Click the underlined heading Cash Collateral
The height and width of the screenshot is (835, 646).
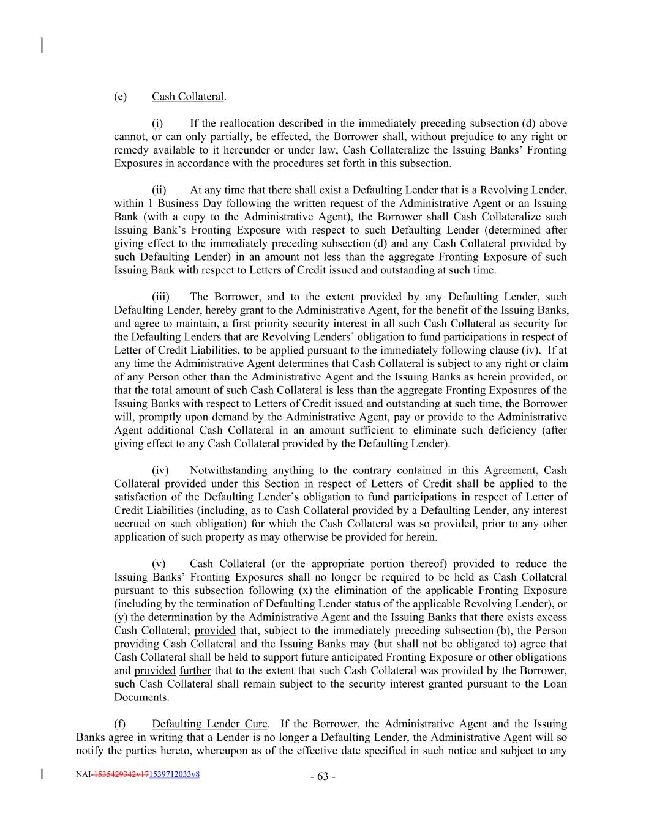tap(188, 97)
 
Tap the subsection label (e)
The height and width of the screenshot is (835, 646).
tap(120, 97)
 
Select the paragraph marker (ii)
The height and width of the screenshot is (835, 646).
tap(159, 190)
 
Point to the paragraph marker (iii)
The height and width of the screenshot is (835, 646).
tap(161, 297)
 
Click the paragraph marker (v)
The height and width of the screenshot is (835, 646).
tap(158, 564)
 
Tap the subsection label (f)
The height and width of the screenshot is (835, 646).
tap(120, 724)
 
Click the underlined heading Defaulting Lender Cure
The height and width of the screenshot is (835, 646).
tap(209, 724)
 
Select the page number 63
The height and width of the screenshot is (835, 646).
tap(323, 777)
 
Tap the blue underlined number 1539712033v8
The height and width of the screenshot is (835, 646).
tap(174, 774)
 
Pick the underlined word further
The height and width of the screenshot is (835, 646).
tap(195, 670)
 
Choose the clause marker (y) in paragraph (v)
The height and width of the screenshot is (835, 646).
tap(121, 617)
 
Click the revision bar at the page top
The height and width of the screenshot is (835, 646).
tap(42, 45)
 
